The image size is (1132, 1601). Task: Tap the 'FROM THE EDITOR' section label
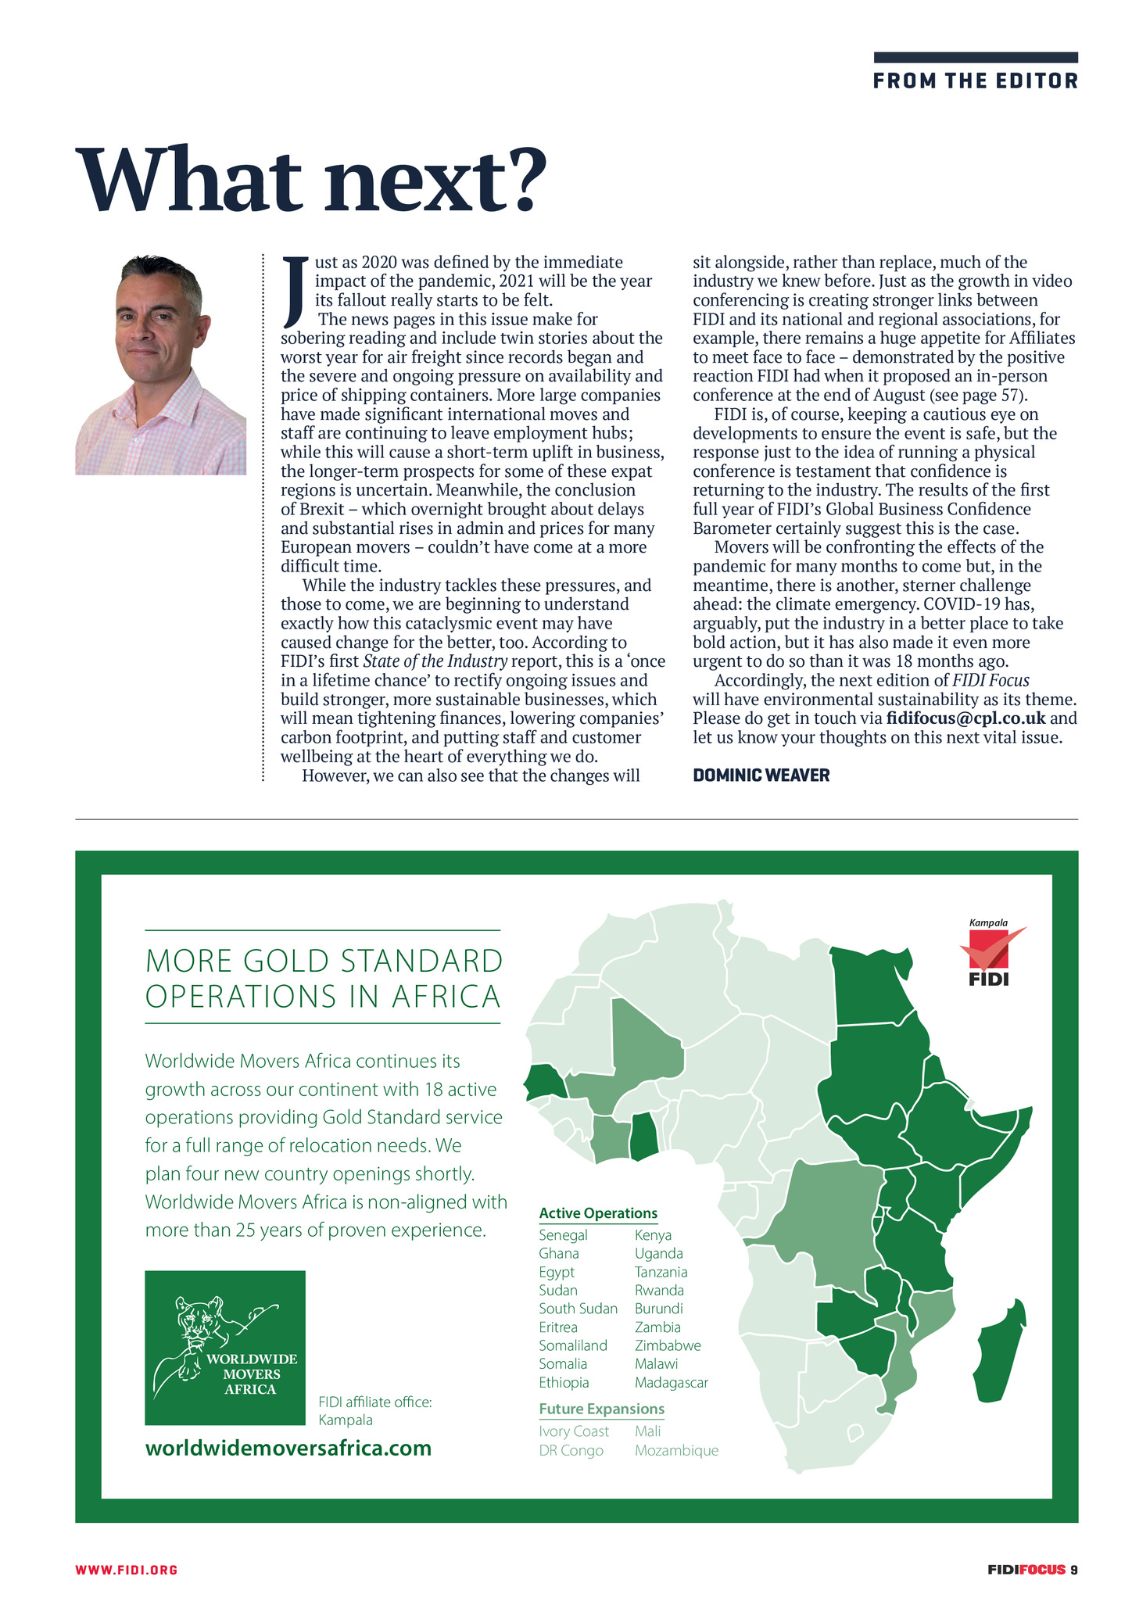click(975, 81)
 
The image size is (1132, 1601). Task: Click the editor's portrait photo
click(161, 365)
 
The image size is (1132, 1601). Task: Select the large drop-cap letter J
click(292, 291)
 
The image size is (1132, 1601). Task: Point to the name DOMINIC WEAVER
click(761, 775)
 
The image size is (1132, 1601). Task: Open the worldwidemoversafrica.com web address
click(288, 1448)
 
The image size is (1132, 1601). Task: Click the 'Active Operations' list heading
click(598, 1213)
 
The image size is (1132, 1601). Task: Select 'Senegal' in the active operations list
click(563, 1235)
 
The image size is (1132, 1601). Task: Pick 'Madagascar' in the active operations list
click(671, 1382)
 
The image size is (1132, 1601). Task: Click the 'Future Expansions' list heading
click(601, 1409)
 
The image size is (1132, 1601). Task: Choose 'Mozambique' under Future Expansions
click(676, 1450)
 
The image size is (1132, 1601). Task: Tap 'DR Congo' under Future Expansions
click(571, 1450)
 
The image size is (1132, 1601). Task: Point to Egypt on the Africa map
click(869, 987)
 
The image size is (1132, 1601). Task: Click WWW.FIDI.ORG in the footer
click(127, 1569)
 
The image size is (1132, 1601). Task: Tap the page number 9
click(1074, 1569)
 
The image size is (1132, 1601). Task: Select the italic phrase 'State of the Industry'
click(435, 661)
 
